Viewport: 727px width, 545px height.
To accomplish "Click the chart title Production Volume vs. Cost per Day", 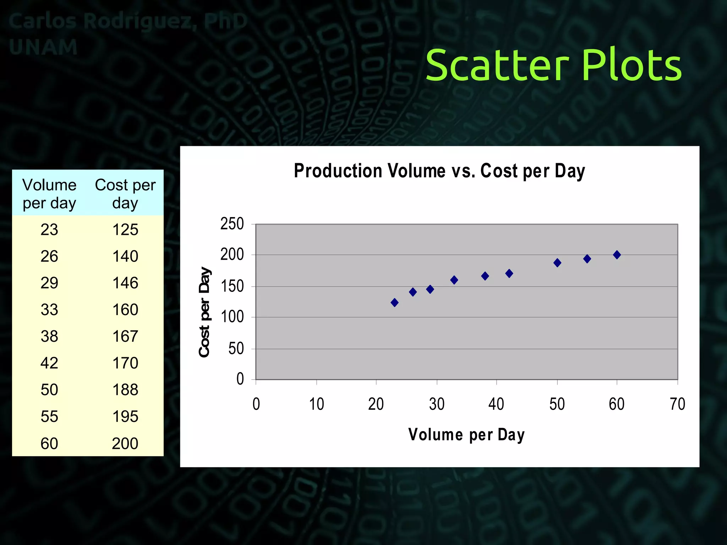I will pyautogui.click(x=439, y=171).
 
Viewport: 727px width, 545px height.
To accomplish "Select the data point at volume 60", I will pyautogui.click(x=617, y=255).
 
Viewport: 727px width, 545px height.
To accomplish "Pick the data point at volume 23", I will pyautogui.click(x=394, y=303).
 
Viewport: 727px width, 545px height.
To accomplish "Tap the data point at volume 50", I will pyautogui.click(x=557, y=263).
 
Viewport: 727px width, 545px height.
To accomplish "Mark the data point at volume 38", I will pyautogui.click(x=485, y=276).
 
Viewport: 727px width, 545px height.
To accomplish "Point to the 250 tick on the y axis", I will pyautogui.click(x=232, y=224).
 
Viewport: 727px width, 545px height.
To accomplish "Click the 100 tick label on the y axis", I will pyautogui.click(x=232, y=317).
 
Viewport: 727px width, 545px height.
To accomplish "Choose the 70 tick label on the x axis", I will pyautogui.click(x=677, y=404).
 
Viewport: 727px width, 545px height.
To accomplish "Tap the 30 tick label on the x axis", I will pyautogui.click(x=437, y=404).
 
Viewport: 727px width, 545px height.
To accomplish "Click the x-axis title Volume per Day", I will pyautogui.click(x=466, y=435).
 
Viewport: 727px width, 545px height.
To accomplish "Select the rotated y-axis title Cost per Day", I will pyautogui.click(x=204, y=312).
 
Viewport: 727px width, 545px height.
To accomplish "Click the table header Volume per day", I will pyautogui.click(x=49, y=194).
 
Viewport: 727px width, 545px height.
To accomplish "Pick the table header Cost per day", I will pyautogui.click(x=125, y=194).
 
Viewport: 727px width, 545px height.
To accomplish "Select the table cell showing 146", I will pyautogui.click(x=125, y=283).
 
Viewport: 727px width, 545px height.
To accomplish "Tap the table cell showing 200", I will pyautogui.click(x=125, y=444).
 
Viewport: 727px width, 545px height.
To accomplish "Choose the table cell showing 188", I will pyautogui.click(x=125, y=390).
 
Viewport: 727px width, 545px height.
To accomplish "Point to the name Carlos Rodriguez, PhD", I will pyautogui.click(x=128, y=21).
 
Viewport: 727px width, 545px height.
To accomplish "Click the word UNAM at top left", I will pyautogui.click(x=43, y=47).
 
